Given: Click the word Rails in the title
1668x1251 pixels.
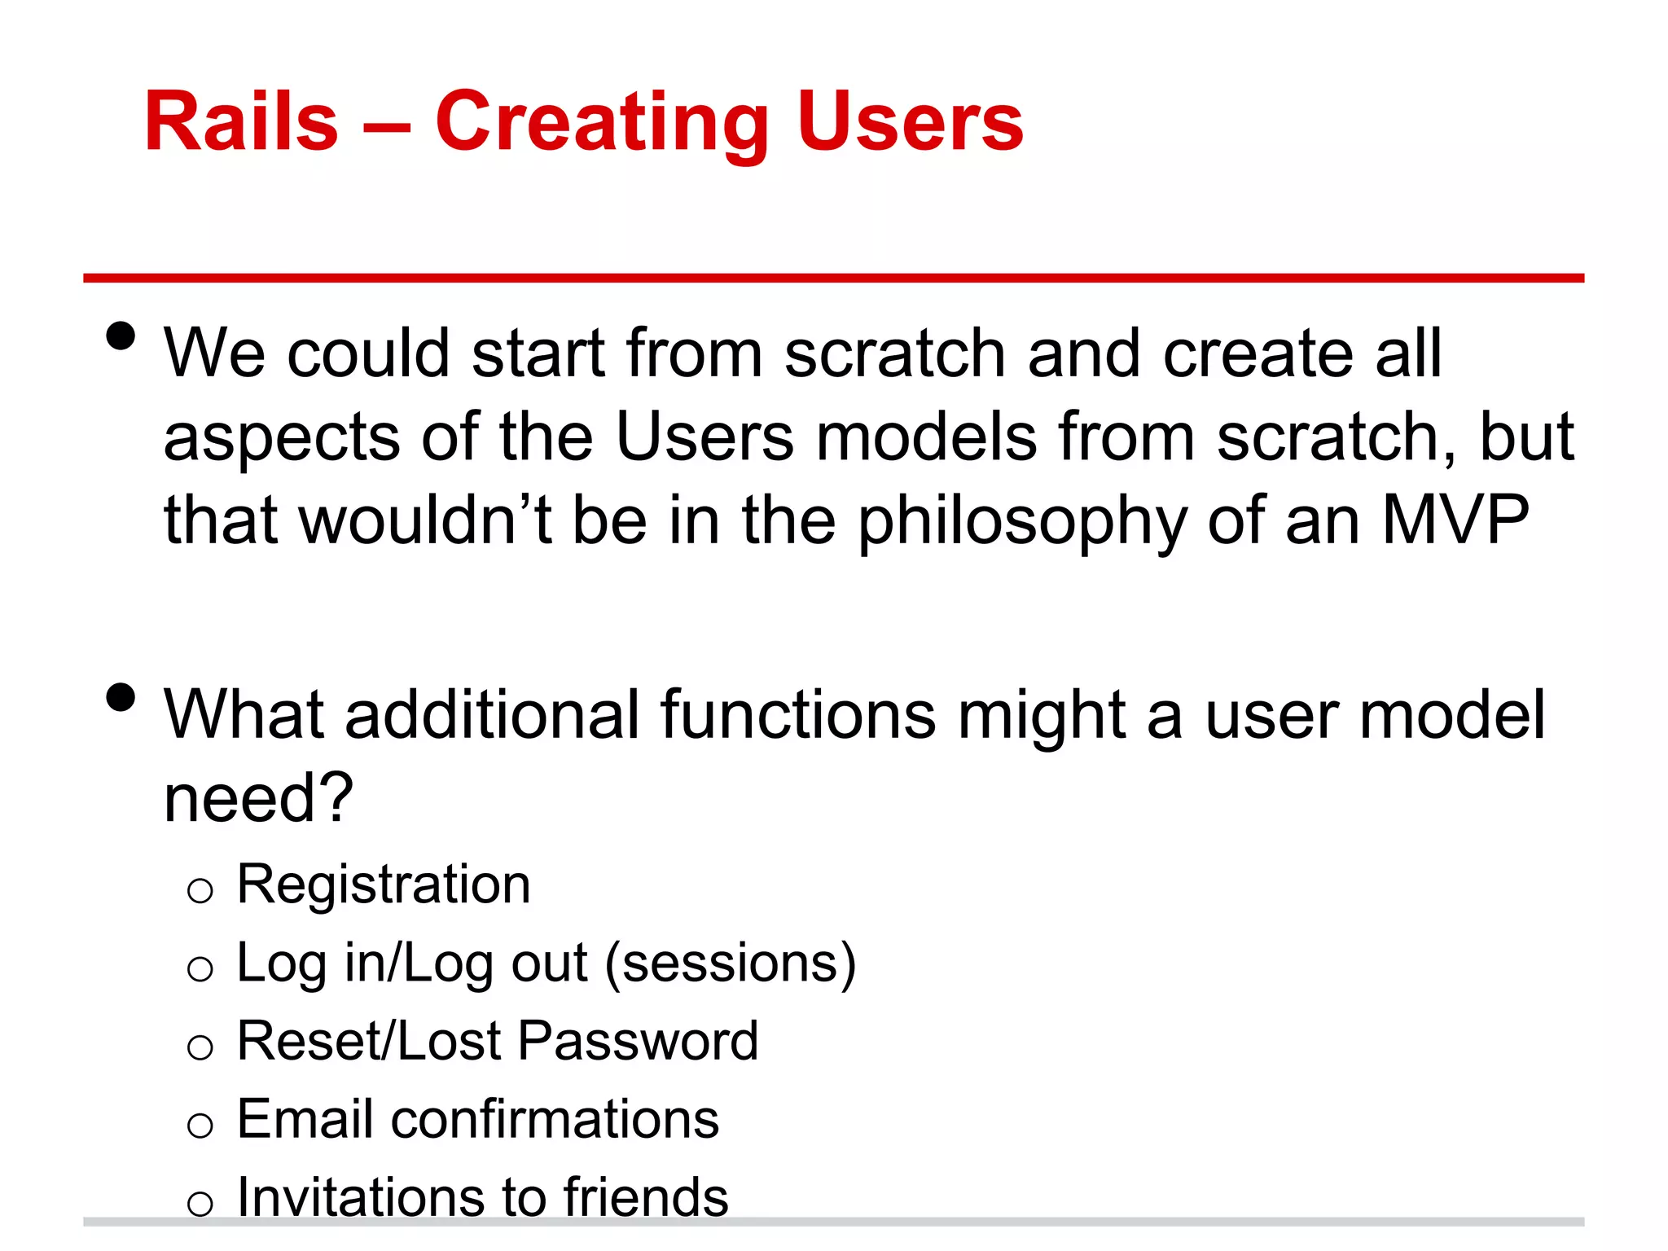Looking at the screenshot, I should (x=241, y=122).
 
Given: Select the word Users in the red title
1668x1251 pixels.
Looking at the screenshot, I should (x=910, y=122).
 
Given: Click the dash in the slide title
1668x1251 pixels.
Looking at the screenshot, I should (x=386, y=126).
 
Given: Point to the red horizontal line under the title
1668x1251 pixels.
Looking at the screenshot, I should (x=833, y=278).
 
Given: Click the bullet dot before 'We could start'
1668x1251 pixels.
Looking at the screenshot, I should (x=121, y=336).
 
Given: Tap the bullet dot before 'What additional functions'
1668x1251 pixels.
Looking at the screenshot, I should (x=121, y=697).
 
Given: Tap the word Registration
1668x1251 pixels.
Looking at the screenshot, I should (x=383, y=884).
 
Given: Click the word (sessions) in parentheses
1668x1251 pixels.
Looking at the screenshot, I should (x=730, y=963).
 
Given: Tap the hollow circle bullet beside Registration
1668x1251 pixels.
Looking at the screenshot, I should (x=200, y=891).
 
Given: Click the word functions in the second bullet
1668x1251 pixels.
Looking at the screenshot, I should (x=797, y=714).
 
